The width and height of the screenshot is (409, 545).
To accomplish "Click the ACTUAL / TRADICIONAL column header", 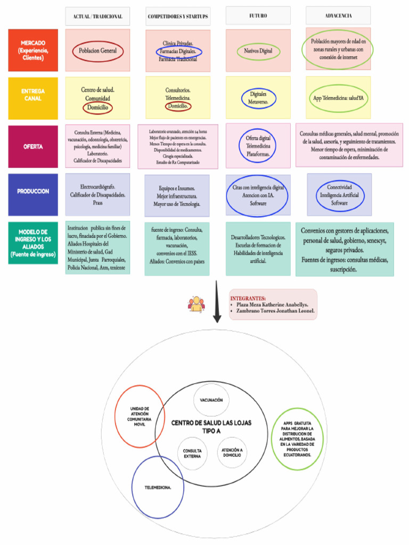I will (x=97, y=16).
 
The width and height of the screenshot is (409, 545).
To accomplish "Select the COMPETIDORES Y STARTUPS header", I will (x=178, y=16).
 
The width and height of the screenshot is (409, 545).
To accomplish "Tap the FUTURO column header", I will (x=258, y=16).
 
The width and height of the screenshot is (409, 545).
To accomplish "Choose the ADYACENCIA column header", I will (x=338, y=16).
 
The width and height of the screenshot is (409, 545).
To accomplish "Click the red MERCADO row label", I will (x=33, y=50).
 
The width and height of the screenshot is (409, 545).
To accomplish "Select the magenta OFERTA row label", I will (x=33, y=146).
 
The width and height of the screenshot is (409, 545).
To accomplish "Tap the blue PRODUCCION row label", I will (x=33, y=191).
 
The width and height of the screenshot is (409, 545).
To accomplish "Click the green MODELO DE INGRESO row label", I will (x=33, y=243).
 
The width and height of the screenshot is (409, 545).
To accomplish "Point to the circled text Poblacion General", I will (x=98, y=51).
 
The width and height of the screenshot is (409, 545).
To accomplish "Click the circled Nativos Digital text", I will (x=258, y=51).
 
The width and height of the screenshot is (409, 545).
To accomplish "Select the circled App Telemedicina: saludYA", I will (x=339, y=98).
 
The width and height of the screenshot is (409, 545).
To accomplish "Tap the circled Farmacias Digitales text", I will (x=179, y=52).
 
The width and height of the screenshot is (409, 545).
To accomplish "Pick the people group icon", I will (x=196, y=304).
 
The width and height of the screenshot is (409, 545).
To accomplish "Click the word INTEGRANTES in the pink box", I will (x=248, y=298).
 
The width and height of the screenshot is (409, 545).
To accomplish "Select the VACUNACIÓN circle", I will (x=211, y=400).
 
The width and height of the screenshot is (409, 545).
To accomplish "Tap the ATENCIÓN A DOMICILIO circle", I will (x=232, y=452).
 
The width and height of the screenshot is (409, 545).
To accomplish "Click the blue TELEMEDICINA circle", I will (x=158, y=487).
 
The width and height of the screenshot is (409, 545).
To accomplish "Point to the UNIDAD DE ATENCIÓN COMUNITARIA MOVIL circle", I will (x=140, y=416).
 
